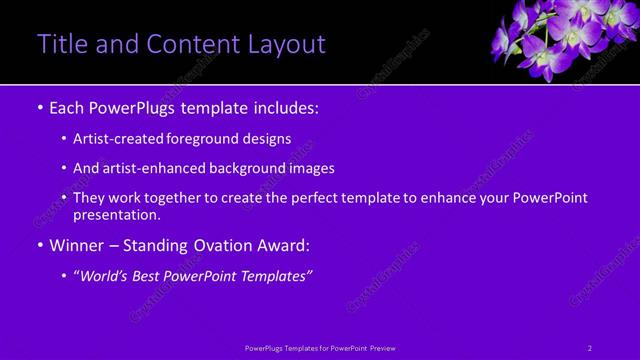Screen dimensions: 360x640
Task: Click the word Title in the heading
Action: point(60,44)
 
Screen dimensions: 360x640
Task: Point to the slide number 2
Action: point(590,348)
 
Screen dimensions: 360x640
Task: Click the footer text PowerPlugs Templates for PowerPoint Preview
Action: point(320,348)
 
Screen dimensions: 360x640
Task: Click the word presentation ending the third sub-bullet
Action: point(116,214)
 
